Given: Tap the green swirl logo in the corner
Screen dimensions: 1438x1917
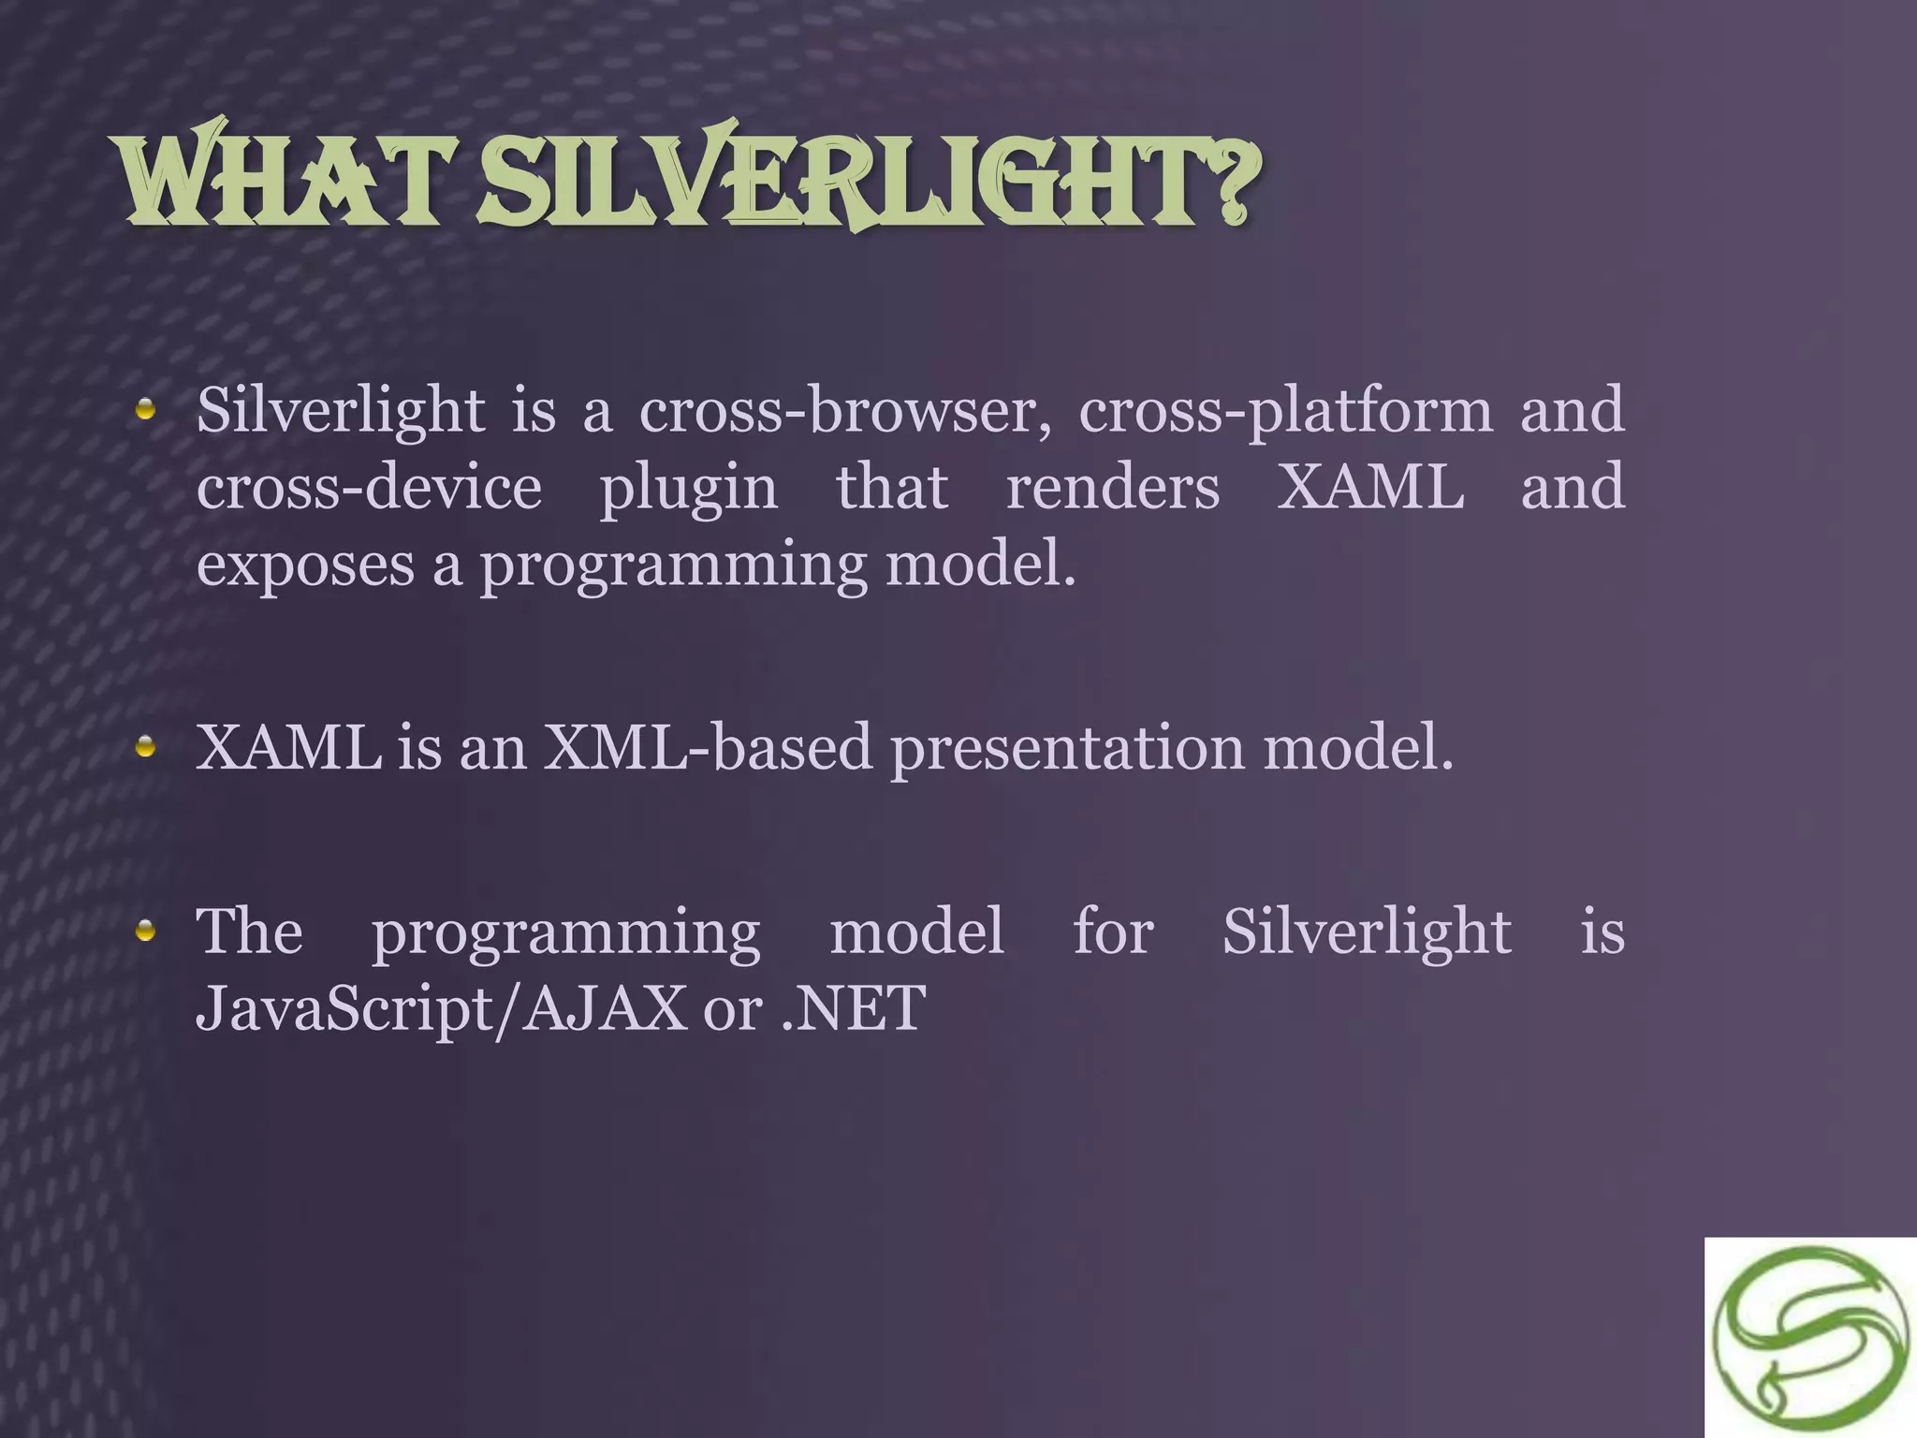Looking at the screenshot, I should [1810, 1338].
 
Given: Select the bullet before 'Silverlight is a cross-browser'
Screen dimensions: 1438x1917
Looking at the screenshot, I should [145, 409].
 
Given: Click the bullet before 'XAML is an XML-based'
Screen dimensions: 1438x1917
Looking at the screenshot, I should [145, 747].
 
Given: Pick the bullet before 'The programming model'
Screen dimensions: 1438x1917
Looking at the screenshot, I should [145, 931].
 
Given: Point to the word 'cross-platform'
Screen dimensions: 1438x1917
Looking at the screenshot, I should [1285, 413].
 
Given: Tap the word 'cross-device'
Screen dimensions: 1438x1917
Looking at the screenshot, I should [369, 489].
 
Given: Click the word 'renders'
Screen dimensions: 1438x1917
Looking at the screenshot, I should [1112, 489].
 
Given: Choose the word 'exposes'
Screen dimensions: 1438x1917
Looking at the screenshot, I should [305, 567].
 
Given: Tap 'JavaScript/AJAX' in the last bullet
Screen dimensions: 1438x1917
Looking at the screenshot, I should [441, 1009].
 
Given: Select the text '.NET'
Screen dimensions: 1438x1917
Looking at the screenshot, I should [853, 1009].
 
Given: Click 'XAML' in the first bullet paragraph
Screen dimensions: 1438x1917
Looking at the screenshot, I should [1370, 488].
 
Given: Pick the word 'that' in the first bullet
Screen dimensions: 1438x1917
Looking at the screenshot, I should [891, 488].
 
